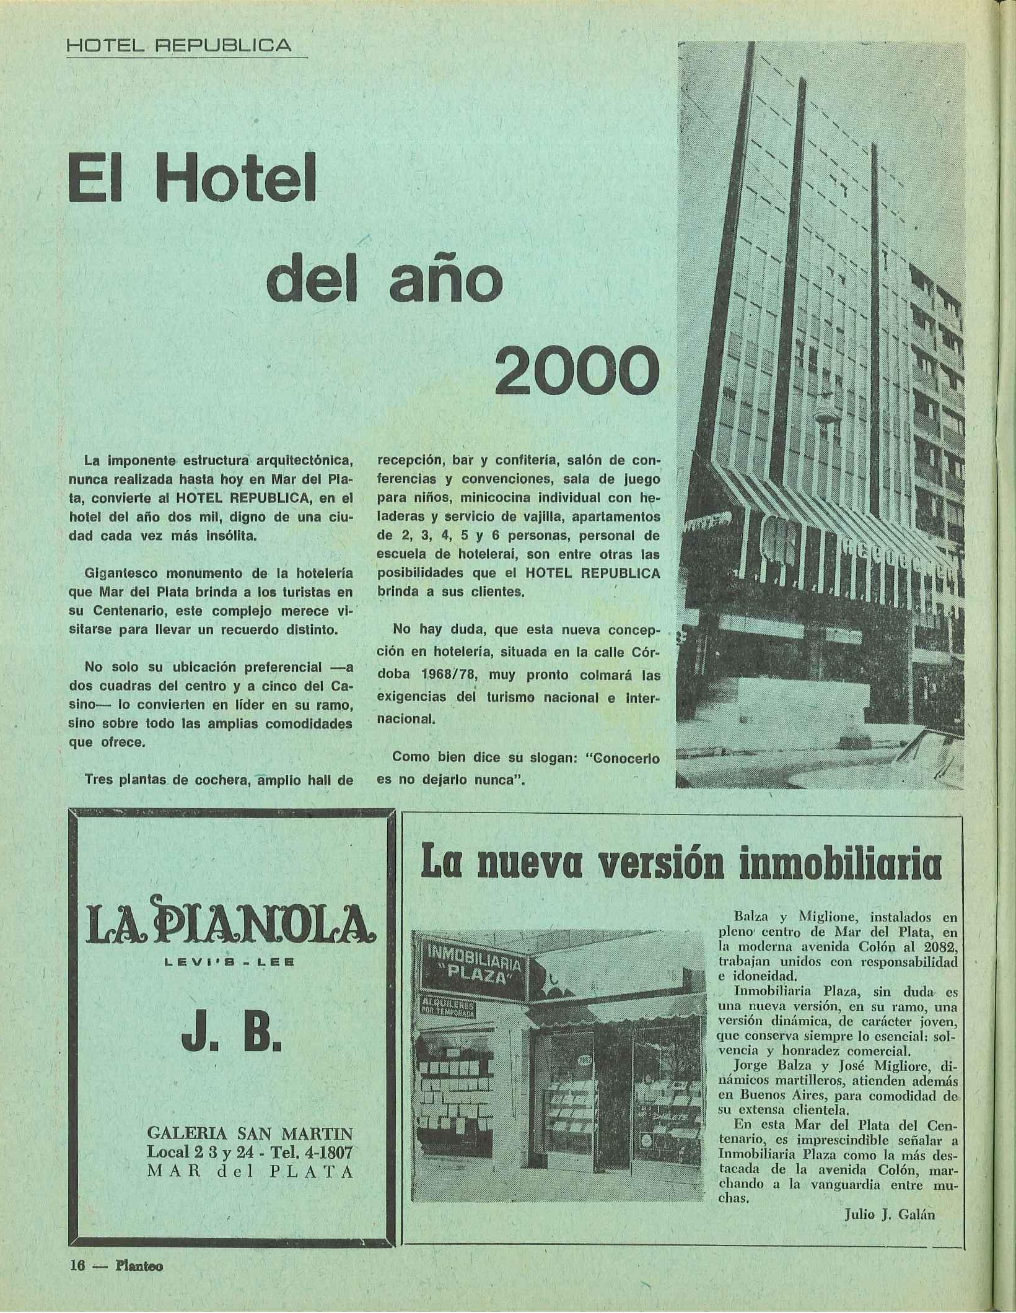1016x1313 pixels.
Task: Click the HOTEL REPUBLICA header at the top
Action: tap(179, 45)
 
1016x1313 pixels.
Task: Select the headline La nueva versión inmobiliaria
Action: tap(681, 865)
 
